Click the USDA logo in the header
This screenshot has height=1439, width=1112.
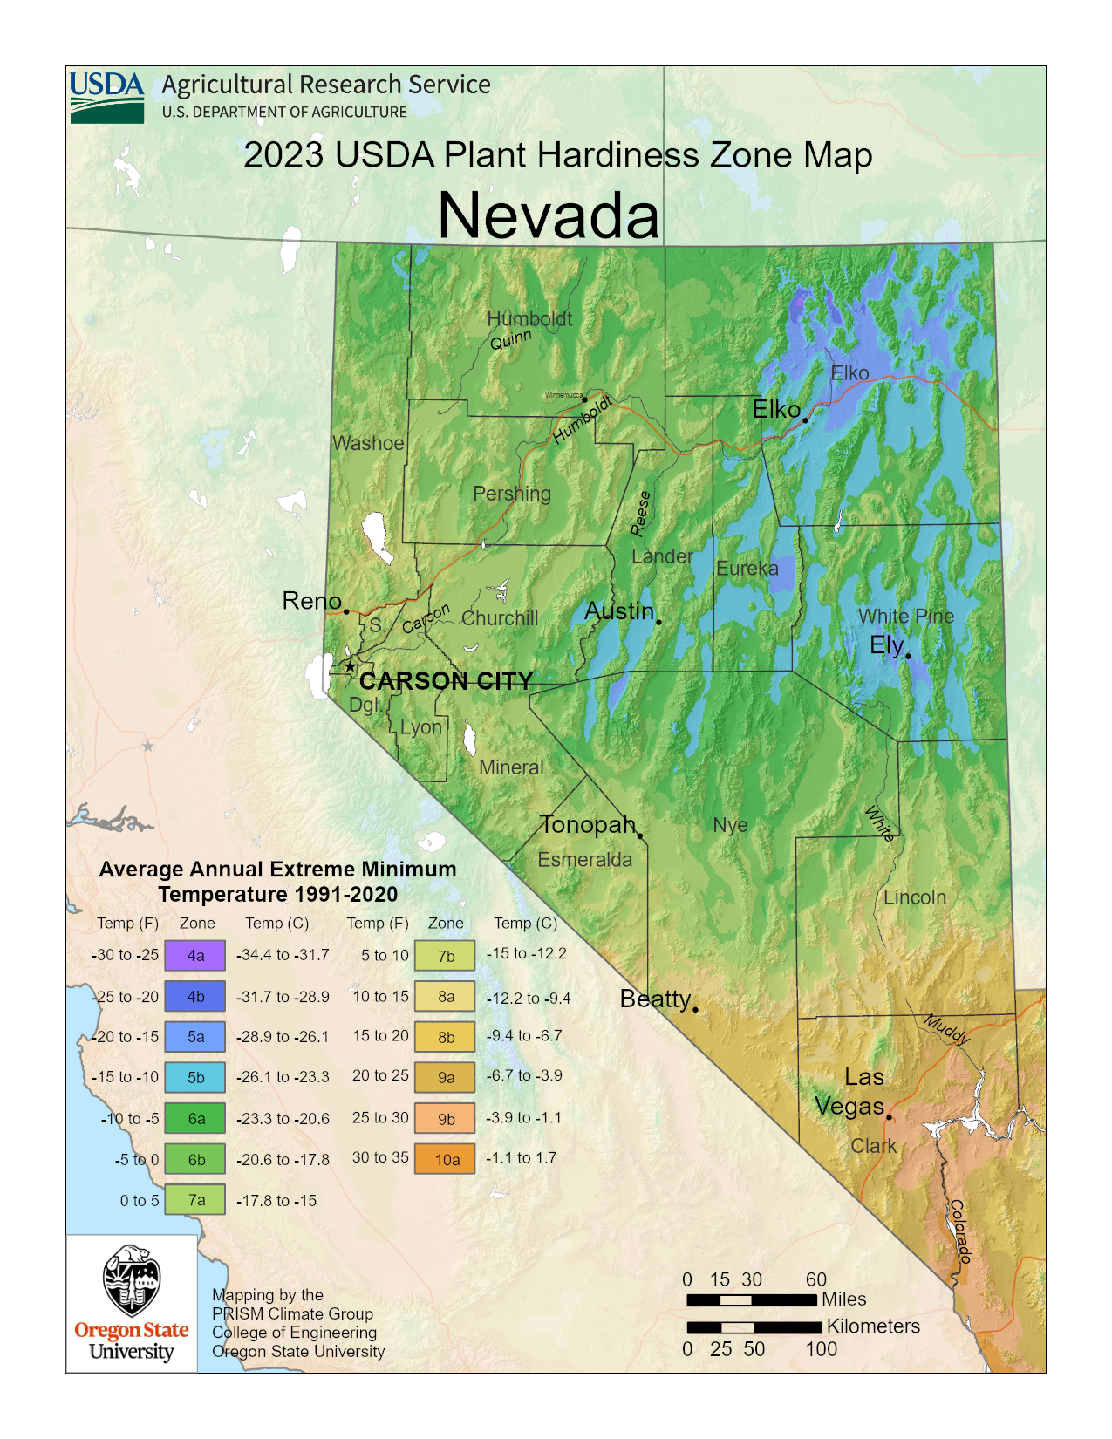[106, 97]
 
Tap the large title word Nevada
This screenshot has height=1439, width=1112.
[548, 215]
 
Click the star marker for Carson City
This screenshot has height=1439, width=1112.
[350, 666]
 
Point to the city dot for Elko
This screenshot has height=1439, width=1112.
[805, 419]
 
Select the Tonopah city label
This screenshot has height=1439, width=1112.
[587, 824]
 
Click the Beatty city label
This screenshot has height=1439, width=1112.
[655, 999]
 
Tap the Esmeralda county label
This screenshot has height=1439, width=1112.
[584, 860]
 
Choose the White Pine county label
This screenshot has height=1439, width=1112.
[905, 617]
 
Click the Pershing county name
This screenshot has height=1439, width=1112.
[512, 494]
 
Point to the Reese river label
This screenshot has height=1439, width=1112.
[641, 514]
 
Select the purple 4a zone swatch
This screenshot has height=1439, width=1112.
[196, 956]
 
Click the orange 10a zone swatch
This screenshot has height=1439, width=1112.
[446, 1159]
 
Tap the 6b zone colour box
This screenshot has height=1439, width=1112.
[196, 1160]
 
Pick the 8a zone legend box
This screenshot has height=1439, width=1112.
[446, 997]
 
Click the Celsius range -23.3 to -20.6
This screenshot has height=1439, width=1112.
[283, 1119]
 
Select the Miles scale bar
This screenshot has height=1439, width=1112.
[752, 1300]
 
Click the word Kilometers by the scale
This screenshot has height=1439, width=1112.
[873, 1326]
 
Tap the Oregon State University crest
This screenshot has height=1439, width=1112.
[132, 1280]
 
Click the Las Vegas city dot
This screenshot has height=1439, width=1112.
[889, 1116]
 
